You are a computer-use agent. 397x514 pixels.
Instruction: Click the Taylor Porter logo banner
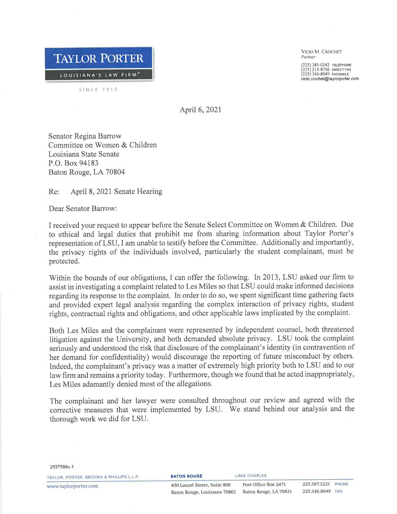point(99,64)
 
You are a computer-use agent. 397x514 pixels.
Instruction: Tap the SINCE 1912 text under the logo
point(99,90)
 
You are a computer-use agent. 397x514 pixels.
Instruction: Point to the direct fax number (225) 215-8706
point(315,70)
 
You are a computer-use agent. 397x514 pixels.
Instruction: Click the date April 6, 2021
point(200,110)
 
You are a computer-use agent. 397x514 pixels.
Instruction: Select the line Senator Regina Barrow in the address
point(85,136)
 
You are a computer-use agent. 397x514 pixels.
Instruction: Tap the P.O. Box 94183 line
point(73,163)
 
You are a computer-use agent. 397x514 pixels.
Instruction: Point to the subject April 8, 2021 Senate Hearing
point(116,191)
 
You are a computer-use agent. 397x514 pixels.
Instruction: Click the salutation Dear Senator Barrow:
point(83,209)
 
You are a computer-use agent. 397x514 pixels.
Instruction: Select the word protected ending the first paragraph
point(64,261)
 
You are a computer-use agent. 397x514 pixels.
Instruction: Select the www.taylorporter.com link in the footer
point(72,486)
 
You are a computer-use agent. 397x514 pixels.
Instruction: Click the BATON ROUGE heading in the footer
point(186,476)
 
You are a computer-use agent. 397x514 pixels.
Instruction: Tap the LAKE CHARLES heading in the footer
point(250,476)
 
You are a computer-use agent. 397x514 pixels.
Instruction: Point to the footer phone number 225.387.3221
point(316,484)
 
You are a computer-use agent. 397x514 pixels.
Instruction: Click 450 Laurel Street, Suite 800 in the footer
point(201,485)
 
